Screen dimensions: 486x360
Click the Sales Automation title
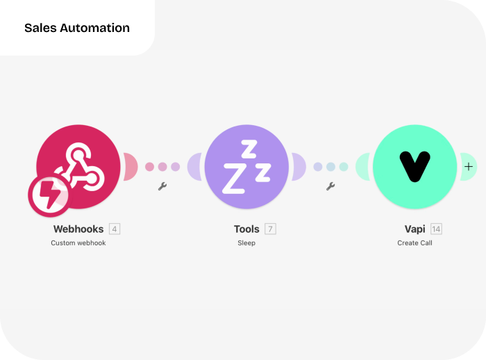coord(77,28)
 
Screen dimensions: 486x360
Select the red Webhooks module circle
coord(78,167)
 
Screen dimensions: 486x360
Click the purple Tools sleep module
coord(246,167)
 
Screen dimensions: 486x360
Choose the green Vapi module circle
coord(414,167)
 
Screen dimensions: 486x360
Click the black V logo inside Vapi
coord(414,166)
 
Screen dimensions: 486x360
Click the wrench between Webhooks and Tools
coord(162,186)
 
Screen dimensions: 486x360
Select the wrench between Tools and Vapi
coord(330,186)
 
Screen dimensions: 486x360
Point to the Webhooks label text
coord(78,229)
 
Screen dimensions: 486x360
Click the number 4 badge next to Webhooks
coord(115,229)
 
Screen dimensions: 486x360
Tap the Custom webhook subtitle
coord(78,243)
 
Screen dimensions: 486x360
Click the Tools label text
coord(246,229)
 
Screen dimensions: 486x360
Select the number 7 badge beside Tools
coord(270,229)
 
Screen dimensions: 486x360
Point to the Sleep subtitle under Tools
coord(246,243)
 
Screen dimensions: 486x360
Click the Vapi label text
coord(414,229)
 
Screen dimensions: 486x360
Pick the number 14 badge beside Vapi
coord(436,229)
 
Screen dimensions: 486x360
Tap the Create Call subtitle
coord(414,243)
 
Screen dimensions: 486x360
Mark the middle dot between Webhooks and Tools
coord(162,167)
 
